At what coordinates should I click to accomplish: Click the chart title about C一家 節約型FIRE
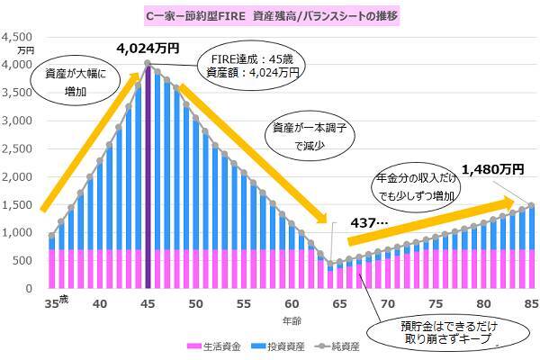[x=271, y=15]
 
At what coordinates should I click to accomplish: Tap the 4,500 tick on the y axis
[x=19, y=37]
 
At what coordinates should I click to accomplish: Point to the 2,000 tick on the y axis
[x=19, y=176]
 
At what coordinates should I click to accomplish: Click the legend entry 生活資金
[x=214, y=346]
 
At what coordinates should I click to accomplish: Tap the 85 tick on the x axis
[x=530, y=303]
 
